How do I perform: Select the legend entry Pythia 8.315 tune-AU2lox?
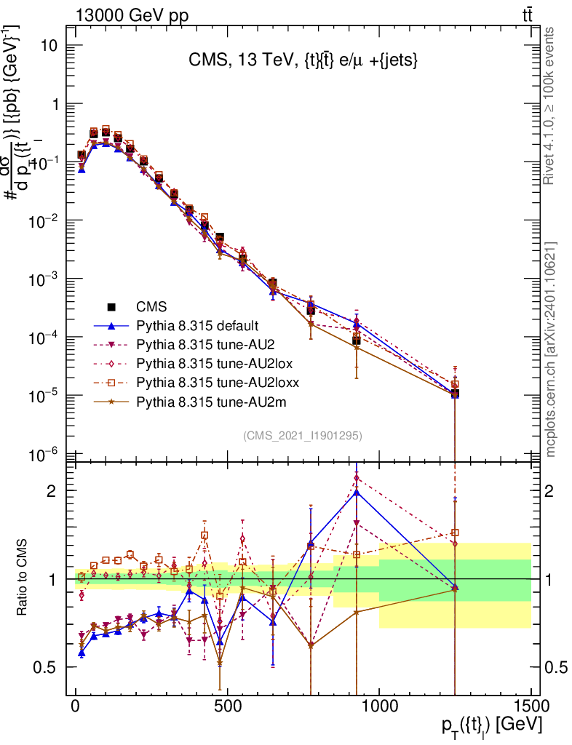coord(206,362)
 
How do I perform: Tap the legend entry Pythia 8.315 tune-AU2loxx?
coord(208,381)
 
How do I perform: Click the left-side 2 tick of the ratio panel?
coord(66,490)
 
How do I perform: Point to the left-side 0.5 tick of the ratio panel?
coord(66,667)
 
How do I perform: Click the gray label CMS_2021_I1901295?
coord(303,435)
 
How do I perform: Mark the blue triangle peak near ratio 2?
coord(357,493)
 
